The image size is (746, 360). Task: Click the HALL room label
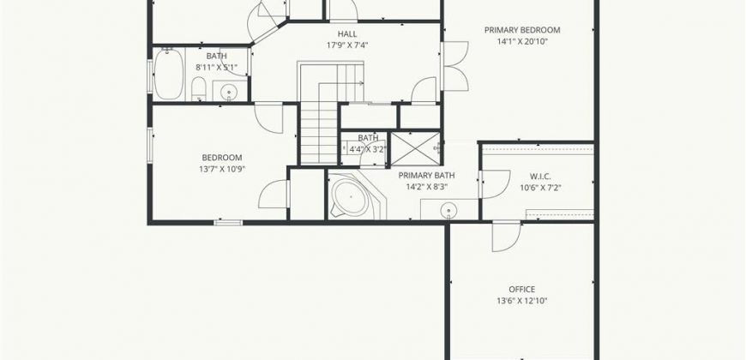tap(347, 33)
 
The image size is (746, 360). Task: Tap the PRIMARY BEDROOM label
tap(522, 30)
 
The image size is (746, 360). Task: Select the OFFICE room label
tap(522, 289)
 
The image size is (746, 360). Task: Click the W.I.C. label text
tap(540, 177)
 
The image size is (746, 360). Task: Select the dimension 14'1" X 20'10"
tap(522, 41)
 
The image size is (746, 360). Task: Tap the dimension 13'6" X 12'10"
tap(522, 301)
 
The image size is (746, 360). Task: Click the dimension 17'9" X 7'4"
tap(347, 45)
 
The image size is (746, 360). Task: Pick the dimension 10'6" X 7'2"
tap(540, 188)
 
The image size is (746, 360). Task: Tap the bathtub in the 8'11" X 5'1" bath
tap(168, 75)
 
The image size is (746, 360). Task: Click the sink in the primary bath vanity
tap(448, 209)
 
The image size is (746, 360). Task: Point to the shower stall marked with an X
tap(415, 148)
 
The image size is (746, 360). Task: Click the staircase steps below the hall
tap(319, 134)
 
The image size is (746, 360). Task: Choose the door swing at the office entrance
tap(507, 237)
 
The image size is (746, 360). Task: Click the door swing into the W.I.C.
tap(496, 184)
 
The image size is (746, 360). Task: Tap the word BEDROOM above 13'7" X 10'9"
tap(222, 158)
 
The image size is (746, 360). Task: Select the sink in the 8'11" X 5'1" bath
tap(229, 90)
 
